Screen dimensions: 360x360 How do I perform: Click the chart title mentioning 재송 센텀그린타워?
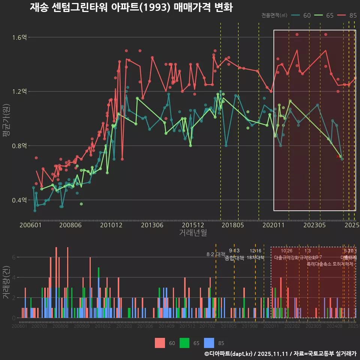pyautogui.click(x=131, y=7)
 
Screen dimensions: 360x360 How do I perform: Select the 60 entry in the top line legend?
pyautogui.click(x=301, y=15)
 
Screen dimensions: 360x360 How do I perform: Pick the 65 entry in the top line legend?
pyautogui.click(x=325, y=15)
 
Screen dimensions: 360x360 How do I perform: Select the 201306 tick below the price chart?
pyautogui.click(x=151, y=225)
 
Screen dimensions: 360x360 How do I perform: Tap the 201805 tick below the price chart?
pyautogui.click(x=232, y=225)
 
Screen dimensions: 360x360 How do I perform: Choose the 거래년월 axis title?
pyautogui.click(x=193, y=232)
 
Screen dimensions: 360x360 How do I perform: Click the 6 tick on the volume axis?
pyautogui.click(x=14, y=257)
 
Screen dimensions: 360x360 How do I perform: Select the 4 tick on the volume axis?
pyautogui.click(x=14, y=277)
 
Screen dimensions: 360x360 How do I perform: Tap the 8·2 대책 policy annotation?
pyautogui.click(x=215, y=254)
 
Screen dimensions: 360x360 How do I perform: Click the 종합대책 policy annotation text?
pyautogui.click(x=234, y=258)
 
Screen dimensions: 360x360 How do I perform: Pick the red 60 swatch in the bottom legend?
pyautogui.click(x=160, y=343)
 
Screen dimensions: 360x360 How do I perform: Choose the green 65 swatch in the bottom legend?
pyautogui.click(x=184, y=343)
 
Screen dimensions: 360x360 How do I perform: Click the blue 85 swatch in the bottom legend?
pyautogui.click(x=209, y=343)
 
